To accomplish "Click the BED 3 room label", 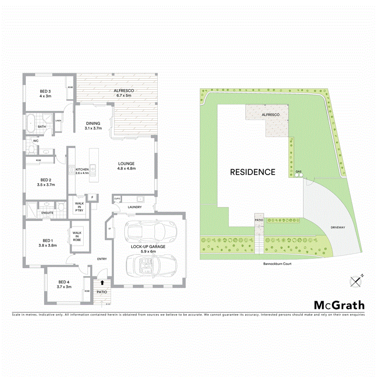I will (45, 93).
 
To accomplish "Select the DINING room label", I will (93, 126).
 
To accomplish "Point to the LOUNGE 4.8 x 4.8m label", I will (126, 166).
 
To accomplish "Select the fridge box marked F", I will (92, 197).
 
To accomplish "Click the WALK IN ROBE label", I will (77, 236).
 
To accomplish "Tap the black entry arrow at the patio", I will (102, 282).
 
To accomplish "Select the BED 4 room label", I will (65, 284).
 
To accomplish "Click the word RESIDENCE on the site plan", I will (252, 172).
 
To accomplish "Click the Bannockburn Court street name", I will (276, 263).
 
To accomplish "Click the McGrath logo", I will (339, 305).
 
